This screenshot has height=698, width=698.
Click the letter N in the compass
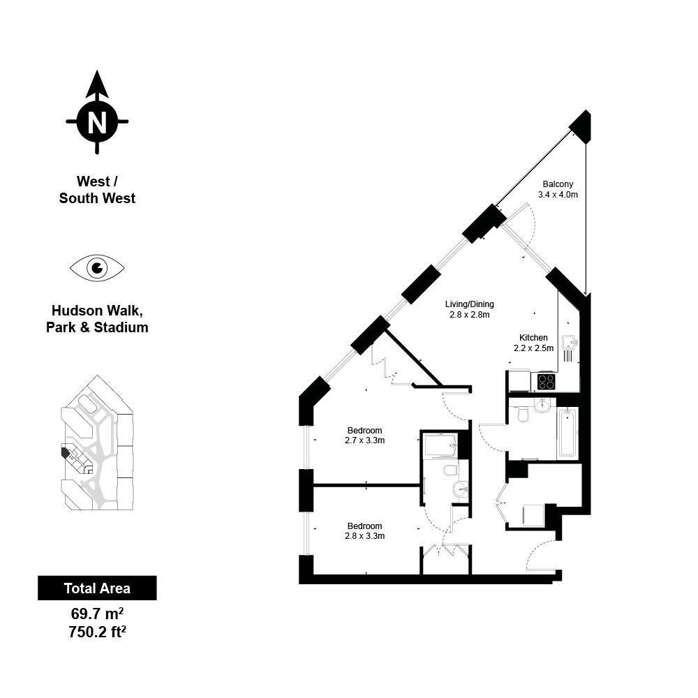pyautogui.click(x=97, y=121)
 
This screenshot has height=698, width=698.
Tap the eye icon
pyautogui.click(x=97, y=268)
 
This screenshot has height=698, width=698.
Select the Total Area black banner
pyautogui.click(x=97, y=588)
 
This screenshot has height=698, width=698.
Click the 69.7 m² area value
pyautogui.click(x=97, y=614)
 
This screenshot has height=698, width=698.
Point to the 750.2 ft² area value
pyautogui.click(x=97, y=632)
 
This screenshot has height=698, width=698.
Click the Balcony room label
pyautogui.click(x=558, y=184)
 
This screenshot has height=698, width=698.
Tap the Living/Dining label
pyautogui.click(x=470, y=304)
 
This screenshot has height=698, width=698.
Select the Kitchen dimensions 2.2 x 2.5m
pyautogui.click(x=534, y=348)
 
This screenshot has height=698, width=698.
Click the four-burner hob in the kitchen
pyautogui.click(x=547, y=382)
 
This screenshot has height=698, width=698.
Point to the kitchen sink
pyautogui.click(x=570, y=343)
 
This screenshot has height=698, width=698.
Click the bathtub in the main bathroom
pyautogui.click(x=567, y=433)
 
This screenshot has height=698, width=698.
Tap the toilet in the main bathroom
pyautogui.click(x=523, y=414)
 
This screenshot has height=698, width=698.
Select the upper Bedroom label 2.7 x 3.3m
pyautogui.click(x=364, y=436)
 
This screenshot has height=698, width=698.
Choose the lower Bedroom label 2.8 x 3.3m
pyautogui.click(x=364, y=531)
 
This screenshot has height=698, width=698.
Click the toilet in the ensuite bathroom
pyautogui.click(x=451, y=470)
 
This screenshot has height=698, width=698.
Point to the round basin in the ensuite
pyautogui.click(x=461, y=490)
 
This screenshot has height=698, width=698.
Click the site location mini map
pyautogui.click(x=97, y=443)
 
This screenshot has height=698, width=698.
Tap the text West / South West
pyautogui.click(x=97, y=190)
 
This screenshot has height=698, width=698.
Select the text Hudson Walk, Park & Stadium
pyautogui.click(x=97, y=319)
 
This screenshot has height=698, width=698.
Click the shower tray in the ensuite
pyautogui.click(x=440, y=445)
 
